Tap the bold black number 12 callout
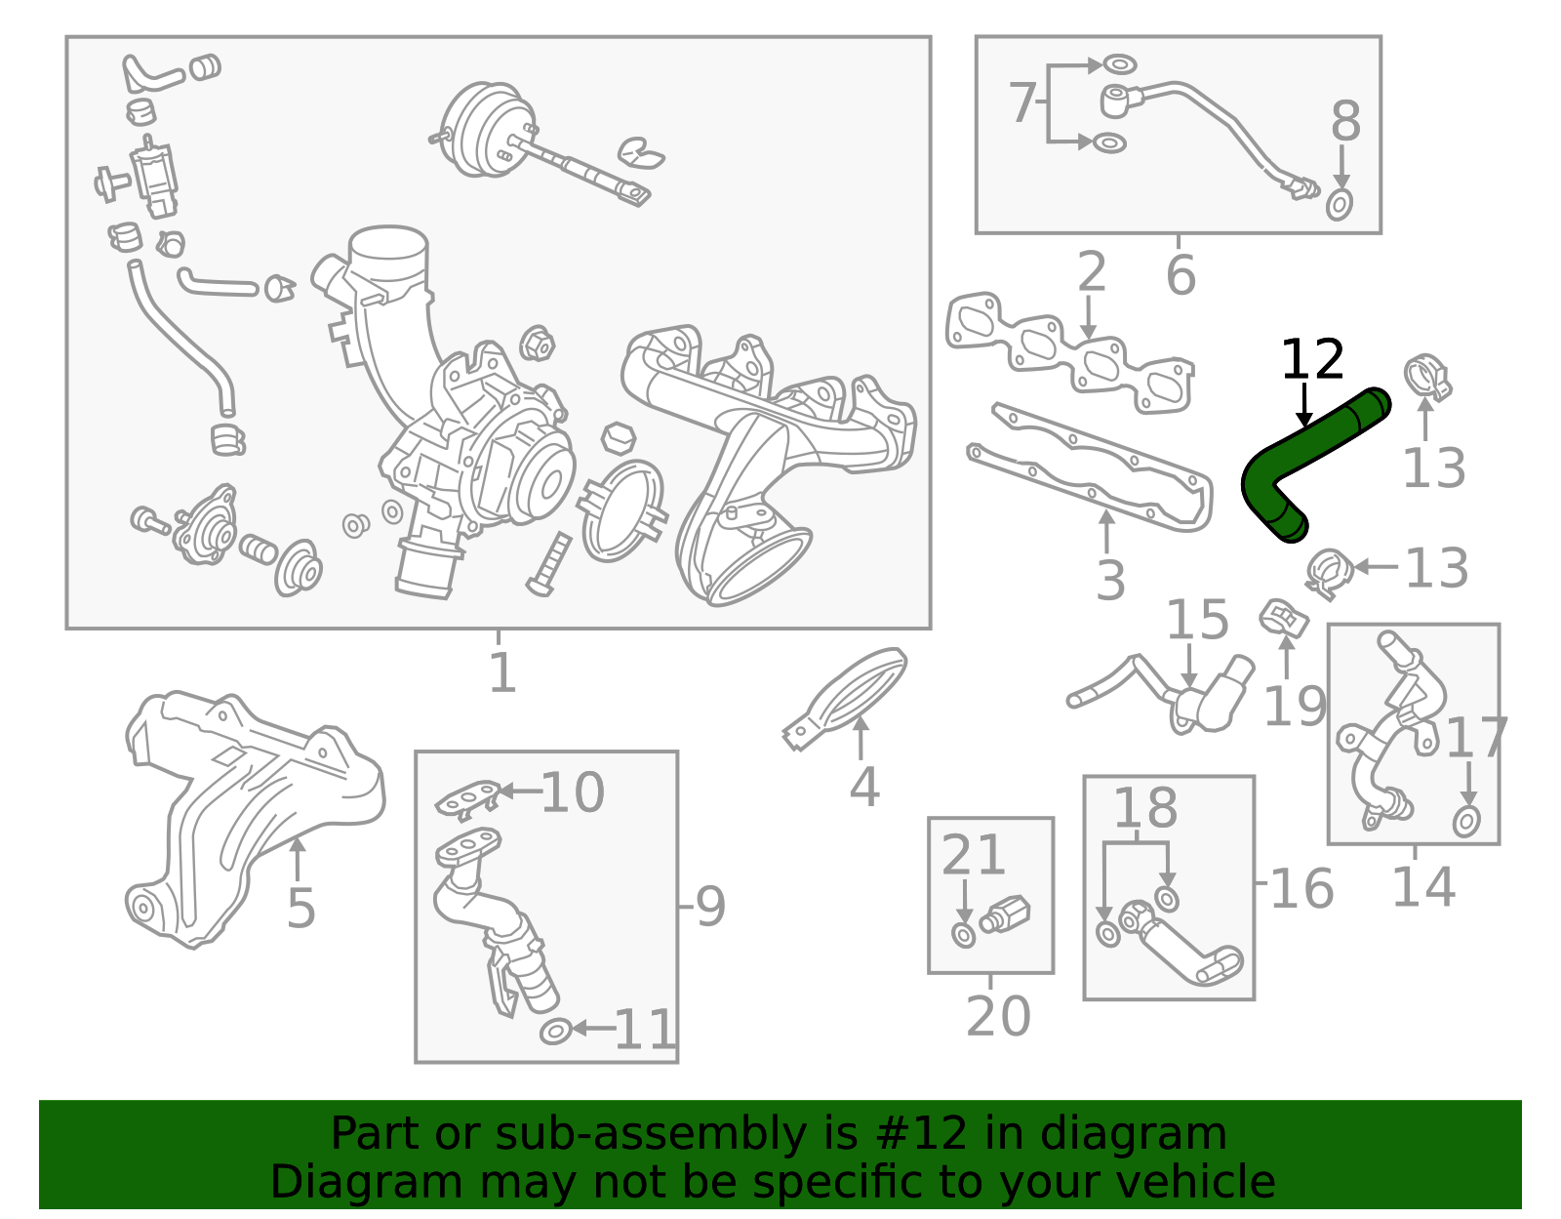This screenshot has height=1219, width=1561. click(x=1312, y=360)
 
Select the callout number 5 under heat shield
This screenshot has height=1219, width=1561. click(x=300, y=909)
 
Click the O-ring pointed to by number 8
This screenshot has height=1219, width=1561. click(x=1341, y=205)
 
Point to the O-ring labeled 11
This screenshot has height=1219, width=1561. click(x=555, y=1031)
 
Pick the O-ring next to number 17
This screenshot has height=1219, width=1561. click(x=1466, y=822)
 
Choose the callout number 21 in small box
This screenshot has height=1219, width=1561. click(x=973, y=856)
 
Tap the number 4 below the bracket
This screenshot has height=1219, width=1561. click(x=863, y=787)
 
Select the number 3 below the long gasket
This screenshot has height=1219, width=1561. click(x=1110, y=581)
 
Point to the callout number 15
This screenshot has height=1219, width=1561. click(x=1197, y=621)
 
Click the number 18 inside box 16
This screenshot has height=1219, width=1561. click(x=1144, y=809)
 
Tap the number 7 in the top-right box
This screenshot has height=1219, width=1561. click(x=1021, y=102)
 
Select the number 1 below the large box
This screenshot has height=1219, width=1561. click(x=501, y=673)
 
